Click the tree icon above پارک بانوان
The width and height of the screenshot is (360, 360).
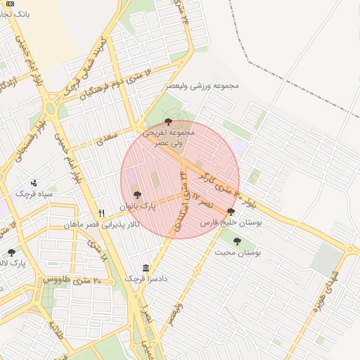137,195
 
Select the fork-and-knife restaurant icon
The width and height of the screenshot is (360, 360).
102,213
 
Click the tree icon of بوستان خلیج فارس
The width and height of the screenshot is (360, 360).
231,211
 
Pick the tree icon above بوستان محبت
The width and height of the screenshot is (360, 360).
237,241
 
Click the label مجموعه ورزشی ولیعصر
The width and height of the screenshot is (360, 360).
202,86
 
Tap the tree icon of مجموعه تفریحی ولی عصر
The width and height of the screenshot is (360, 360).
167,122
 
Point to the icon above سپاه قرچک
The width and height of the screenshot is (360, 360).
34,182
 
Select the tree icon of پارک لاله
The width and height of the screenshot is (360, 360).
11,252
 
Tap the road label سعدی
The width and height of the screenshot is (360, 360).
106,136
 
